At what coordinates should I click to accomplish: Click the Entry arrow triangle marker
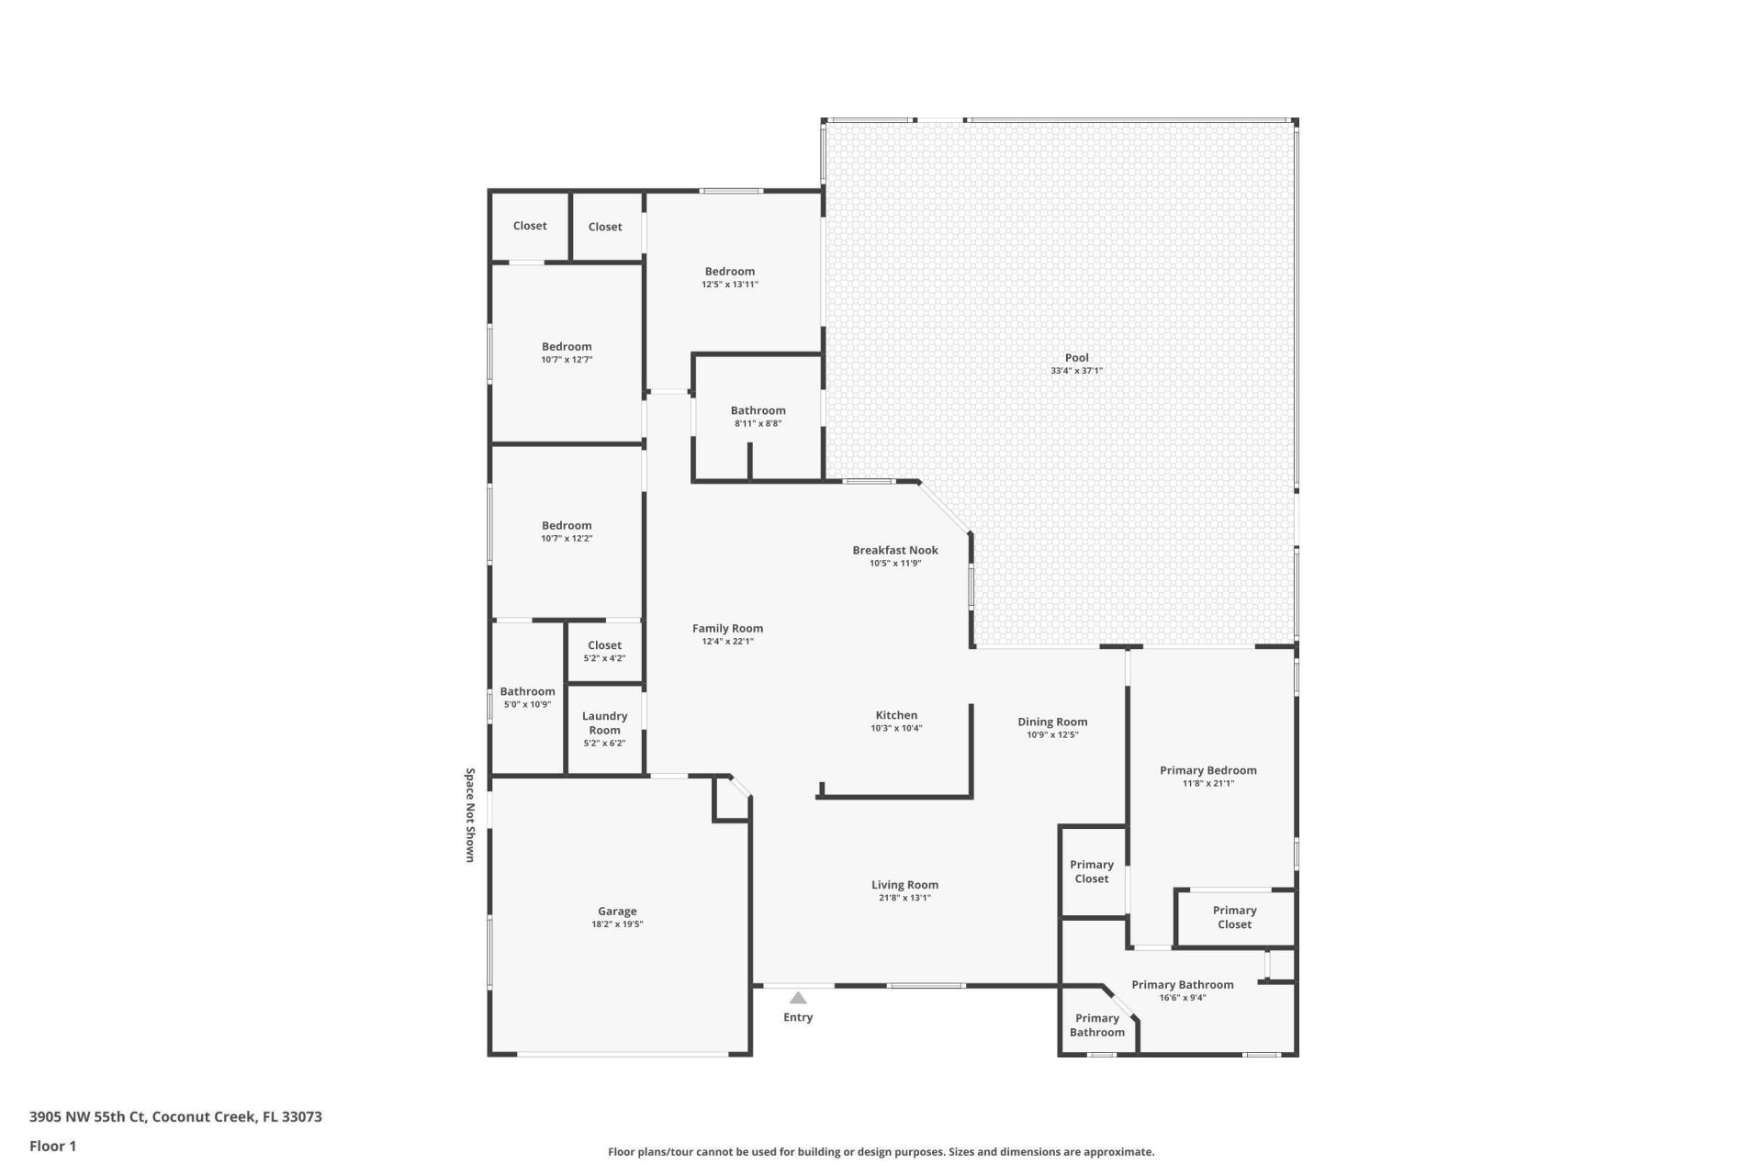(798, 998)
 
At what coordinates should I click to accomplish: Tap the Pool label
(1076, 358)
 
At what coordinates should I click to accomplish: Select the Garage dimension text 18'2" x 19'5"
(617, 924)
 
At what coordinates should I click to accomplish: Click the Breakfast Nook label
(894, 550)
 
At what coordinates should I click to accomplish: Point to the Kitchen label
(896, 715)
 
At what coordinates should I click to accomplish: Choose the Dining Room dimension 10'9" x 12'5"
(1052, 734)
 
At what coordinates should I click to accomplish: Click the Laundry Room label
(604, 723)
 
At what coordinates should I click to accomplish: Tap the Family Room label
(727, 629)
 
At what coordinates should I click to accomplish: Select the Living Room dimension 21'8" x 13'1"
(904, 898)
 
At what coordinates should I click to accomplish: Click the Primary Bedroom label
(1207, 770)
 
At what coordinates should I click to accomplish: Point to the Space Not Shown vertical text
(470, 815)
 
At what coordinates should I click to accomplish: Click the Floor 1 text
(52, 1146)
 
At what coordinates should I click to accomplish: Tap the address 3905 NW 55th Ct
(87, 1117)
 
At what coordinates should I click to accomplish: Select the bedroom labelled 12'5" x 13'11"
(730, 272)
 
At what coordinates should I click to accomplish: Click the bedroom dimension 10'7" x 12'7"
(567, 360)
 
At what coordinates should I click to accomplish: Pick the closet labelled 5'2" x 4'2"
(604, 645)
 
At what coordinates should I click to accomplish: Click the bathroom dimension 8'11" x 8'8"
(758, 423)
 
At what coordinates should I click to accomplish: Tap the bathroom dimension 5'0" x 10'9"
(527, 704)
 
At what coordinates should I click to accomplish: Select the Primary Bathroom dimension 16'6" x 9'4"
(1182, 998)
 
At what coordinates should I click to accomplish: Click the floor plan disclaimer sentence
(881, 1152)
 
